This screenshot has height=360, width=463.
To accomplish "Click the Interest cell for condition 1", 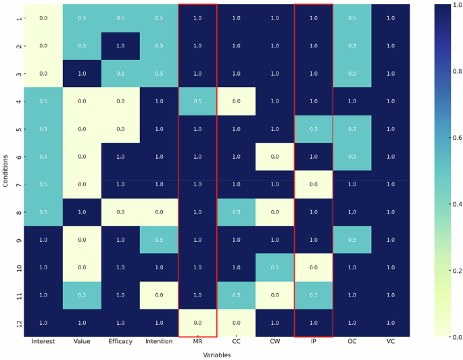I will click(x=43, y=18).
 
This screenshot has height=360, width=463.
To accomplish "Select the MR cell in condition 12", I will click(x=197, y=323).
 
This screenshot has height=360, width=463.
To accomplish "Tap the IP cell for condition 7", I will click(x=314, y=184).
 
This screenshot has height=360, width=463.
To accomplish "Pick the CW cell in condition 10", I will click(x=275, y=267).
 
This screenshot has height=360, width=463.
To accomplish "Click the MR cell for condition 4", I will click(x=197, y=101).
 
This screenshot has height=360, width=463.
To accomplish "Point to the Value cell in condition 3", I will click(x=82, y=74).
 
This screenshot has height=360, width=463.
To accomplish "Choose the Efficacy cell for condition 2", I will click(x=120, y=46).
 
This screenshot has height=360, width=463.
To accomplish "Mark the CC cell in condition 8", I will click(x=237, y=212).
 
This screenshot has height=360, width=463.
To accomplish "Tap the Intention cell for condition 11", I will click(x=159, y=295).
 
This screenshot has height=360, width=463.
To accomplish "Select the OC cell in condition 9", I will click(x=352, y=240).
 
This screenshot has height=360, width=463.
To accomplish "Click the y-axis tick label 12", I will click(x=18, y=323).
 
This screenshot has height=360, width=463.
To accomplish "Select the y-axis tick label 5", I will click(x=18, y=129).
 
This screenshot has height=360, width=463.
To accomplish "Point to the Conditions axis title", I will click(x=5, y=170).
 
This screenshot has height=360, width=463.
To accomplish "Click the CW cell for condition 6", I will click(x=275, y=157).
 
